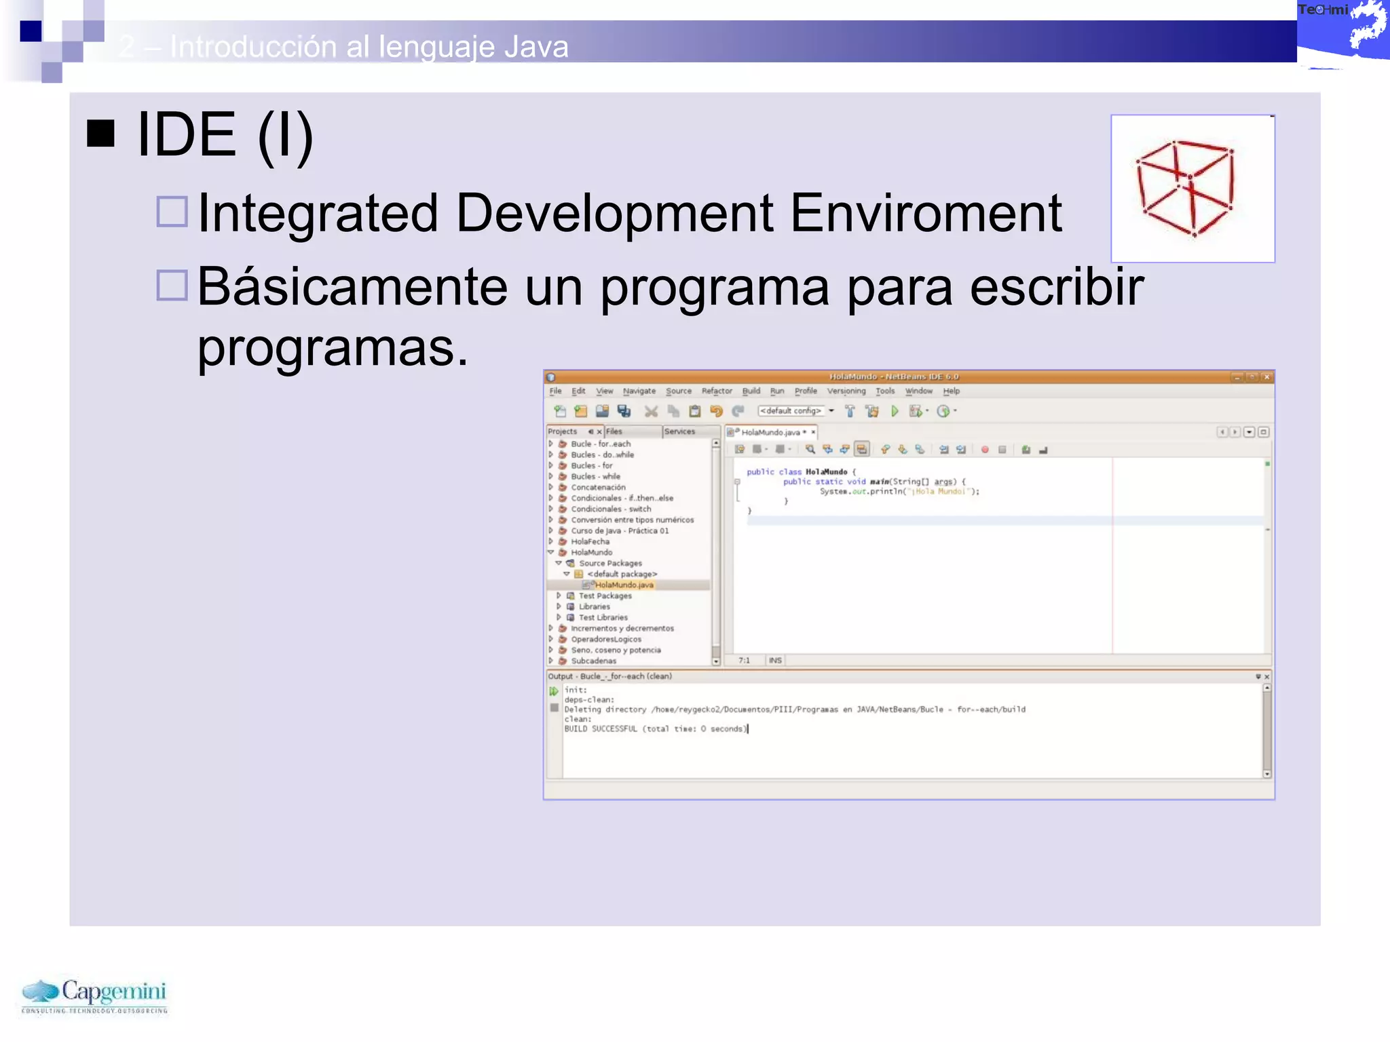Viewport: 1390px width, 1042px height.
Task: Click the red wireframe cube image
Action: click(x=1192, y=188)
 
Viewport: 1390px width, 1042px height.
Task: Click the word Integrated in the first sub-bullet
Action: click(x=318, y=213)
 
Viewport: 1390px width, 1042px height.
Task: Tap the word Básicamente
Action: click(x=352, y=287)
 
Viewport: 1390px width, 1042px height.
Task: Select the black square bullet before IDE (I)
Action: click(x=100, y=134)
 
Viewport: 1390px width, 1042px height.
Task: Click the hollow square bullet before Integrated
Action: click(x=172, y=212)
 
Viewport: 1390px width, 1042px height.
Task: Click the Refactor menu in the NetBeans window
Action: click(x=717, y=391)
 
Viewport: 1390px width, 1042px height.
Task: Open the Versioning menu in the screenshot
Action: click(x=846, y=391)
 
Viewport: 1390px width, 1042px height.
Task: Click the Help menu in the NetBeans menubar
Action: click(x=951, y=391)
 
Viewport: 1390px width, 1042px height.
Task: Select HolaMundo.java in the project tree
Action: click(x=624, y=585)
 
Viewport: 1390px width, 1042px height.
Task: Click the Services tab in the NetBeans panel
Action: click(x=679, y=431)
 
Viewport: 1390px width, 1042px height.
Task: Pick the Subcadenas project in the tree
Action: click(x=593, y=661)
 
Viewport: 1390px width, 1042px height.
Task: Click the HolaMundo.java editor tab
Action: click(x=770, y=432)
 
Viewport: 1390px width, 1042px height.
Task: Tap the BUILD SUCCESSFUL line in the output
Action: click(x=655, y=729)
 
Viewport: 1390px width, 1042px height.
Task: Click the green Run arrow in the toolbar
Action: click(x=895, y=411)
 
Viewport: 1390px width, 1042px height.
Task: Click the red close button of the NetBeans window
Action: click(x=1266, y=377)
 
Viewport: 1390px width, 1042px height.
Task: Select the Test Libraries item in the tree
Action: click(x=603, y=617)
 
